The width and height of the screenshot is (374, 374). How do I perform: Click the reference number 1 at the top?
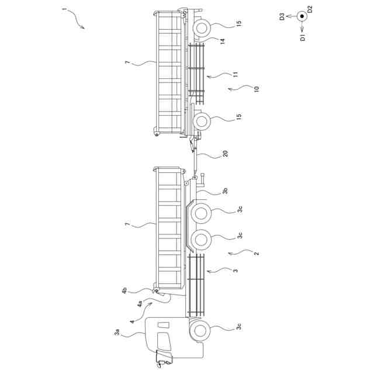pos(64,11)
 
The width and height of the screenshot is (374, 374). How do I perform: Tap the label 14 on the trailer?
pos(223,41)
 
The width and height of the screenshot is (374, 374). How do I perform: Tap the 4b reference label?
pos(124,290)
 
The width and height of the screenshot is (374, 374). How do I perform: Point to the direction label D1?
pos(302,39)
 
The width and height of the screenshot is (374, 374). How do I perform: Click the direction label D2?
pos(310,9)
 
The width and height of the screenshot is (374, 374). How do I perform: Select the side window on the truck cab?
pos(163,325)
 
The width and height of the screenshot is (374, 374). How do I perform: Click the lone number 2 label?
pos(256,253)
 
